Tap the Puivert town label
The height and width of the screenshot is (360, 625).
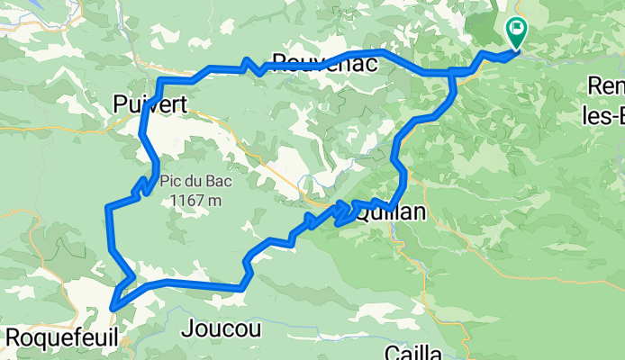coord(150,105)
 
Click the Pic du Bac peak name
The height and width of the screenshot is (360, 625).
coord(195,181)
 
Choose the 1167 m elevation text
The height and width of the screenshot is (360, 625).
coord(195,200)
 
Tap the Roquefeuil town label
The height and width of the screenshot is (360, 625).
coord(60,337)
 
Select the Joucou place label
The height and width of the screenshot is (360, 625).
coord(221,328)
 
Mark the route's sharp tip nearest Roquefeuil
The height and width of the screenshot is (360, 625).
coord(113,308)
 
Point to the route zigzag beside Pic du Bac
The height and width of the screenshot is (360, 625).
coord(141,187)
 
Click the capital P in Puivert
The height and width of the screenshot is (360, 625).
coord(121,105)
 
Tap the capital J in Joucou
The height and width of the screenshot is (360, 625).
coord(186,328)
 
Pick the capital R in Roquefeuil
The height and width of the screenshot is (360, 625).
coord(13,337)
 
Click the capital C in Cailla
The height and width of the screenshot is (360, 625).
coord(391,351)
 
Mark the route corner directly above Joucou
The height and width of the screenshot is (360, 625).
coord(242,286)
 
